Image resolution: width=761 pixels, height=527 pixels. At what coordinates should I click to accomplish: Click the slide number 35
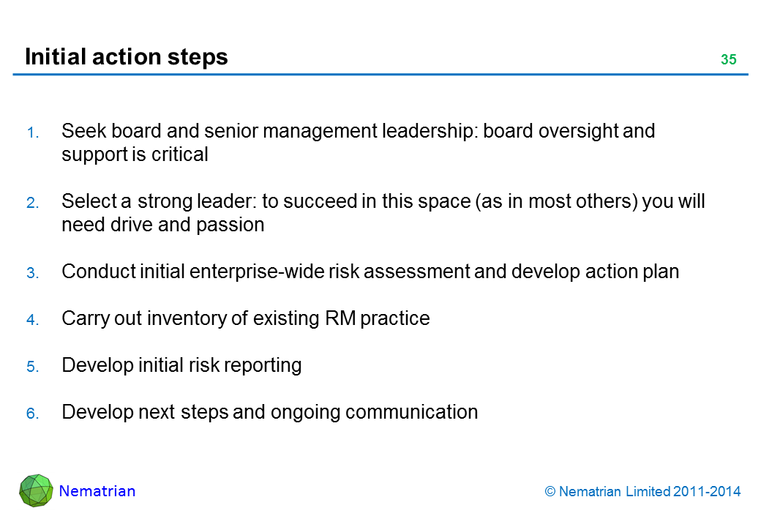729,59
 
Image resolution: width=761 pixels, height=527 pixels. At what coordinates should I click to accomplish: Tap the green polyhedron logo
36,490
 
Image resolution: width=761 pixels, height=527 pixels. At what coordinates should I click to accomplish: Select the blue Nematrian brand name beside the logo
97,491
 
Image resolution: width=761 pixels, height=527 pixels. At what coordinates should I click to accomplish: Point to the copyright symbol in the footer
550,492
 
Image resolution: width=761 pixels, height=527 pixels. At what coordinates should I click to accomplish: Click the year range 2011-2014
707,492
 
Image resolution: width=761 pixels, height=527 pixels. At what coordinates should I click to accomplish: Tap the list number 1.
32,132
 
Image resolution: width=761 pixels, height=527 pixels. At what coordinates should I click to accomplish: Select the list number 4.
32,320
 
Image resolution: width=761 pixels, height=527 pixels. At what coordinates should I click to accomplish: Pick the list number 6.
32,414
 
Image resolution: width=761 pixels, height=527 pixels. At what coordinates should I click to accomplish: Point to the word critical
179,154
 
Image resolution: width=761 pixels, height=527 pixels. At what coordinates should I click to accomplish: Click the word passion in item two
230,225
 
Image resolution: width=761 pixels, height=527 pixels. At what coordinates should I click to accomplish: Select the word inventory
187,319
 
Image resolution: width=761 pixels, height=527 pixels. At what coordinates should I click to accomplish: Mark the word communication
411,412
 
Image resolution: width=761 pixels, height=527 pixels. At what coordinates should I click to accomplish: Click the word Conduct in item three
99,272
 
